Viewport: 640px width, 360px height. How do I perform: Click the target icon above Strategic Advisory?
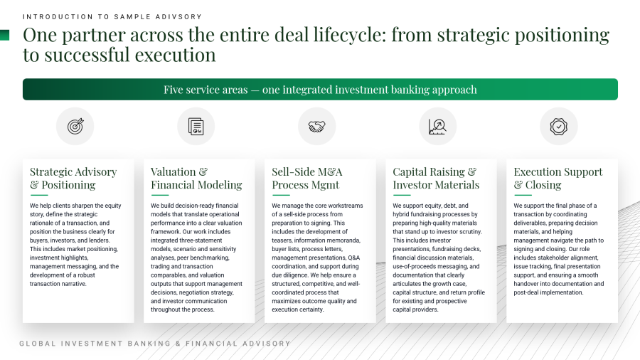(x=75, y=126)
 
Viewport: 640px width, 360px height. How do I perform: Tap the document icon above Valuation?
(x=196, y=126)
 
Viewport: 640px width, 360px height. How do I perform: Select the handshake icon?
(x=316, y=127)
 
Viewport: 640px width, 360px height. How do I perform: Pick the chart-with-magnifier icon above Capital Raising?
(x=437, y=127)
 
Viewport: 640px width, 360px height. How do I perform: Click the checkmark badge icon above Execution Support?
(x=558, y=127)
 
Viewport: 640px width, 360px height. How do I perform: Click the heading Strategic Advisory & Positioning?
(x=73, y=179)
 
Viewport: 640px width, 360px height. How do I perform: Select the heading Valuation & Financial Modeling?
(x=196, y=179)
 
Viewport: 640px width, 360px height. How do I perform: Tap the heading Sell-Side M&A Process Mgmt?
(x=307, y=179)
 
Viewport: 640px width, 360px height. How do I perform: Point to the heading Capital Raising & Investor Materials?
(x=436, y=179)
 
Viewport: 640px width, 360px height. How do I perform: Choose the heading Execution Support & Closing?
(x=558, y=179)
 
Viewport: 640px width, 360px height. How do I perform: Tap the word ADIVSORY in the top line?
(x=178, y=17)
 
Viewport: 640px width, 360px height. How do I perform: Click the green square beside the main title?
(x=4, y=35)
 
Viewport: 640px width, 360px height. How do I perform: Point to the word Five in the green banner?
(x=173, y=90)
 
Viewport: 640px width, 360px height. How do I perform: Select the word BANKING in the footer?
(x=149, y=344)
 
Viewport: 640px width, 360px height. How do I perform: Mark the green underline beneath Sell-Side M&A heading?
(x=281, y=195)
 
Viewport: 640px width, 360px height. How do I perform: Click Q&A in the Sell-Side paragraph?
(x=354, y=258)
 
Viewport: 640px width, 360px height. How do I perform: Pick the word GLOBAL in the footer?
(x=38, y=344)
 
